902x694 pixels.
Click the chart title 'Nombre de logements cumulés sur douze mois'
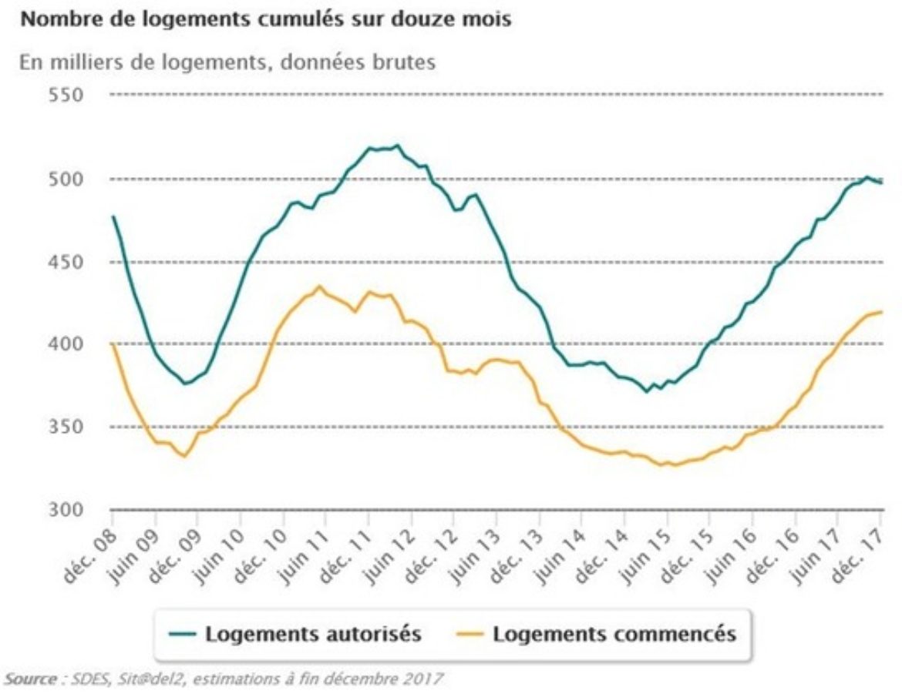pos(266,21)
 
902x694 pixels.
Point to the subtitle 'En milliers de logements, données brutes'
pos(228,62)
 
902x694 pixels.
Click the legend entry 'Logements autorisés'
pos(313,635)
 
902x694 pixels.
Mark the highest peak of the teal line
pos(398,145)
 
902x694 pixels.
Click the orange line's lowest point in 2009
pos(183,456)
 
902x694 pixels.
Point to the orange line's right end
pos(881,311)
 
